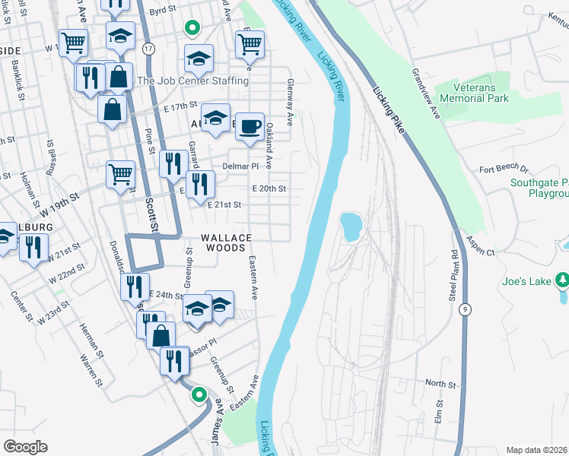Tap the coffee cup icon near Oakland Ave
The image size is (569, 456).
(249, 127)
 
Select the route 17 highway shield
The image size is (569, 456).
(147, 48)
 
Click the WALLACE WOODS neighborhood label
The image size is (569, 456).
(224, 242)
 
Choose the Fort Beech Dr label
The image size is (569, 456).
(504, 169)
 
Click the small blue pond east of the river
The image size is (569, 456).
(351, 226)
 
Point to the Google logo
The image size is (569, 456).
(25, 446)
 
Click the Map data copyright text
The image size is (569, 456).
(536, 450)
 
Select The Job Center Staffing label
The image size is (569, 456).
(192, 81)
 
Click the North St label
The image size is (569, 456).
(440, 383)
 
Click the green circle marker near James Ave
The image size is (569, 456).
(199, 394)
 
